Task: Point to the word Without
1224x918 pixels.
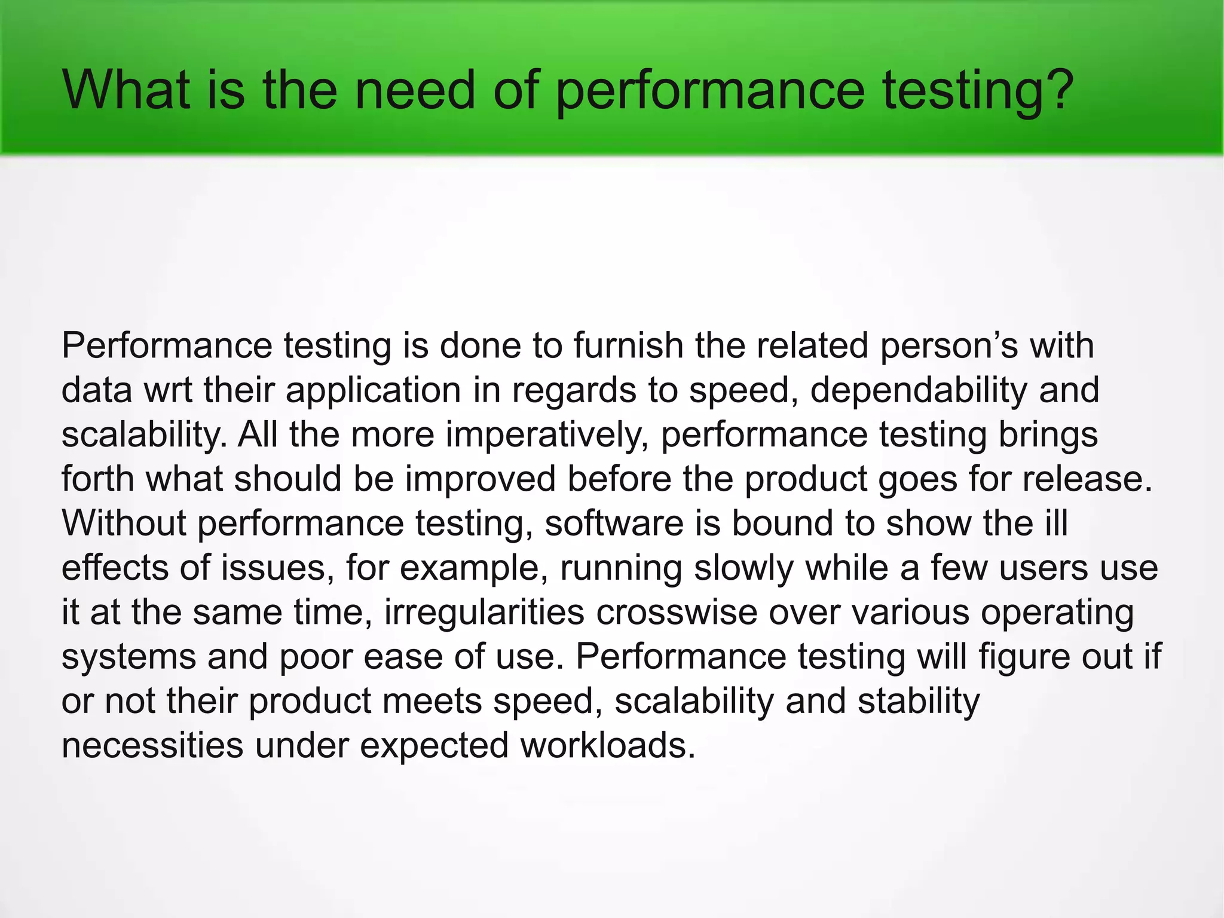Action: point(124,523)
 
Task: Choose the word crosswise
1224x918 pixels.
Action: point(677,612)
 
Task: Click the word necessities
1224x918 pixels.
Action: point(153,745)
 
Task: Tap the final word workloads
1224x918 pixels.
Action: point(608,745)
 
